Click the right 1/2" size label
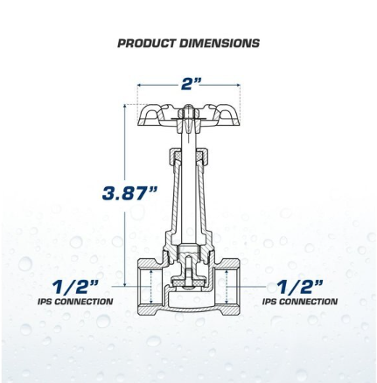click(x=300, y=285)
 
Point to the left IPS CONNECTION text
click(x=74, y=302)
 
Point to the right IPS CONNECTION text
click(x=300, y=303)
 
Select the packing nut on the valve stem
click(x=189, y=158)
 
